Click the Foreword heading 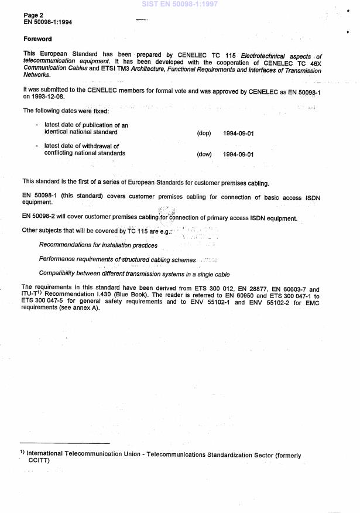(37, 39)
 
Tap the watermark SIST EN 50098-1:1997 (179, 4)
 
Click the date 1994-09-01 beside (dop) (238, 133)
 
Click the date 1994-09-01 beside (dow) (238, 154)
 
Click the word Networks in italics (36, 75)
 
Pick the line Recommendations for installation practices (98, 245)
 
